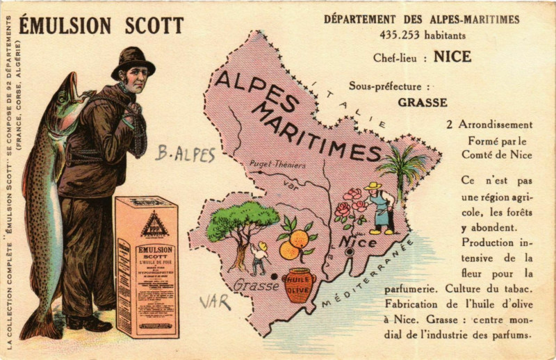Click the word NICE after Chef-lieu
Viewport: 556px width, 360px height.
[452, 57]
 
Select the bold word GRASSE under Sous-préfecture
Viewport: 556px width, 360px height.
[422, 102]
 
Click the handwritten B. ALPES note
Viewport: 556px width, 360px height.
[184, 154]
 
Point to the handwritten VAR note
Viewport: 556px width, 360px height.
[215, 302]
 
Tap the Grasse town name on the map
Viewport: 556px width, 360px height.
[256, 285]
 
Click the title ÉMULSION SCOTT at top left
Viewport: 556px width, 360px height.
[101, 26]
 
